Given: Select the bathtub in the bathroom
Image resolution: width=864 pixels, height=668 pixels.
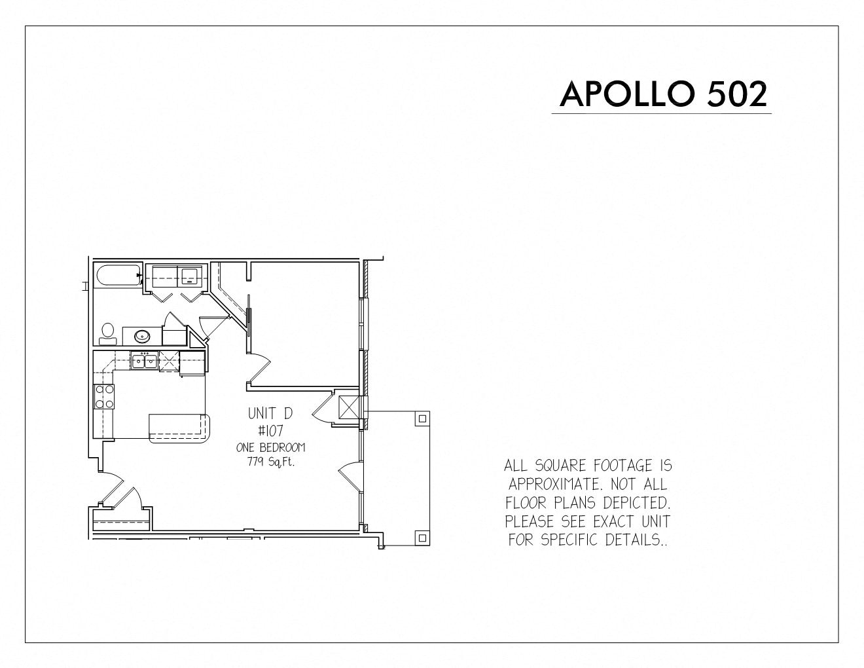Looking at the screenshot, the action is click(118, 276).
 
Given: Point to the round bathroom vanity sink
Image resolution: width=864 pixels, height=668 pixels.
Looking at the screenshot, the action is click(142, 337).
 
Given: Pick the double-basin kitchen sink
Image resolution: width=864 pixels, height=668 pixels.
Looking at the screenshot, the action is click(144, 362).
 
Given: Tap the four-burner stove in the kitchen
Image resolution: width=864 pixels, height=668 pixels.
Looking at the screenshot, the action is click(104, 397).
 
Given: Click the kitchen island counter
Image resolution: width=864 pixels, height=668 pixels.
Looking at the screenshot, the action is click(179, 428).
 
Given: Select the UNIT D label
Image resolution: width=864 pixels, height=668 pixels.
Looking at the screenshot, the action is click(270, 413).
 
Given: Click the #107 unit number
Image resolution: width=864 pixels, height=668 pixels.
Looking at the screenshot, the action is click(270, 431).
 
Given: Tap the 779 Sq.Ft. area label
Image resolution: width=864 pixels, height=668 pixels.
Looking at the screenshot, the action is click(271, 462).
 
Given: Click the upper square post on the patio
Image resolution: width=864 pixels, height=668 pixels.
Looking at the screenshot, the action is click(423, 418).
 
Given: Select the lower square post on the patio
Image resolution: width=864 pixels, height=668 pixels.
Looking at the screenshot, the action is click(423, 538).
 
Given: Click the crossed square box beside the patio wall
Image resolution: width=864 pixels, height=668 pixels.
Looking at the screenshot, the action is click(349, 407).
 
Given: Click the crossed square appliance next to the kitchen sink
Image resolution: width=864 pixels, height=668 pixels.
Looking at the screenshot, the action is click(169, 362).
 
